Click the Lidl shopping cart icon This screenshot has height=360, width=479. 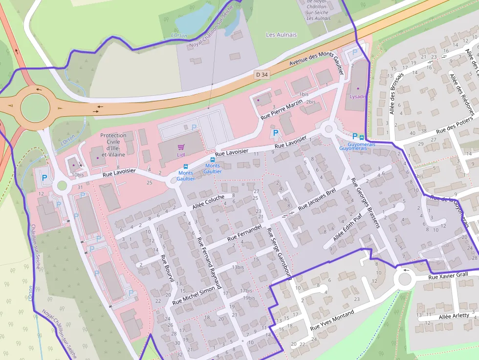tap(181, 147)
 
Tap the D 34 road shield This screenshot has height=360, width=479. tap(261, 75)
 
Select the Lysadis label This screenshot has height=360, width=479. tap(357, 96)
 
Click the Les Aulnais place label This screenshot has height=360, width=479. tap(281, 35)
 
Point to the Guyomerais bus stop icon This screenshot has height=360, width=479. tap(362, 137)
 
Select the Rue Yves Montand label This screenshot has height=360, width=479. tap(332, 319)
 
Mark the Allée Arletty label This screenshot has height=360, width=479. tap(454, 316)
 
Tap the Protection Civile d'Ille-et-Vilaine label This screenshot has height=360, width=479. tap(113, 145)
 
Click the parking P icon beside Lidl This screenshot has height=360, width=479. tap(194, 127)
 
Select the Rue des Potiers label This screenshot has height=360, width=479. tap(455, 125)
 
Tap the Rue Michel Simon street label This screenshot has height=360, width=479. tap(194, 295)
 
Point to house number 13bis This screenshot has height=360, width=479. tap(238, 267)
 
